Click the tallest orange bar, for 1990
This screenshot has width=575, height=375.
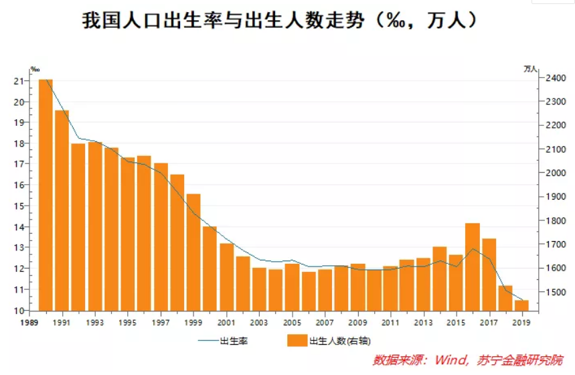pyautogui.click(x=46, y=194)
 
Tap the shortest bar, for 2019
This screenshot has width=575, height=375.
pyautogui.click(x=521, y=305)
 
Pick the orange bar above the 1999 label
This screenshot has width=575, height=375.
pyautogui.click(x=193, y=252)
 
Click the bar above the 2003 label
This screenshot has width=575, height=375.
pyautogui.click(x=258, y=289)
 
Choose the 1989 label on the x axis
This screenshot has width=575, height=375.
pyautogui.click(x=29, y=323)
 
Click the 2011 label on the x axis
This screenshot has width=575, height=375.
pyautogui.click(x=390, y=323)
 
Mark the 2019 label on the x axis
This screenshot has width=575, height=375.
pyautogui.click(x=521, y=323)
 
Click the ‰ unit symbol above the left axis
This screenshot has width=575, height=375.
pyautogui.click(x=35, y=69)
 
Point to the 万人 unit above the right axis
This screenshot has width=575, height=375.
pyautogui.click(x=530, y=69)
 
